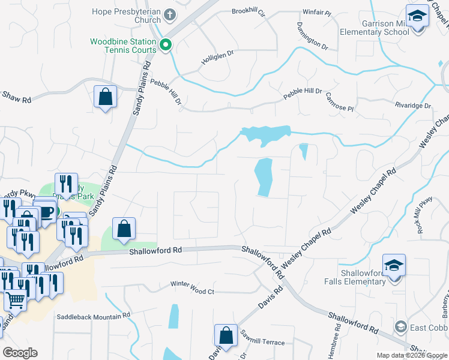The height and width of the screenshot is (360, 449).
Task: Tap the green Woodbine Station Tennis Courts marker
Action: coord(166,44)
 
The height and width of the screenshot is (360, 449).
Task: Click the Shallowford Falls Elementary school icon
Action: coord(394,264)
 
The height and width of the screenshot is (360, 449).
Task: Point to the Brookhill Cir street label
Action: coord(248,12)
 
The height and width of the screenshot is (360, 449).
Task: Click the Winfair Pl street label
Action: coord(318,12)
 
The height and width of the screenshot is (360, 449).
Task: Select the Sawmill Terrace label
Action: coord(262,341)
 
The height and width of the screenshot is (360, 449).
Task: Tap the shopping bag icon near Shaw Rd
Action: coord(105,97)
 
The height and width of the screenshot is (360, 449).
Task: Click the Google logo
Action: coord(20,352)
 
